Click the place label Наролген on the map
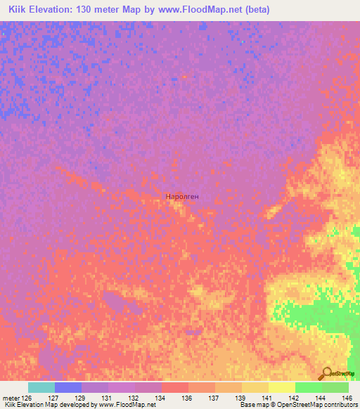click(x=182, y=197)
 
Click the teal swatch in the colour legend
click(x=41, y=387)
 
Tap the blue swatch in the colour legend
click(x=68, y=387)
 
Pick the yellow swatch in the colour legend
click(x=281, y=387)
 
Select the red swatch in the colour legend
click(x=175, y=387)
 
